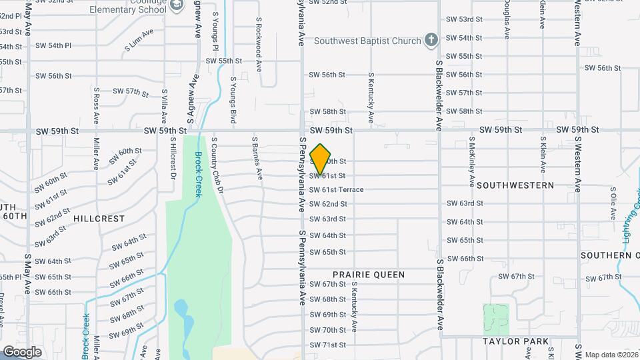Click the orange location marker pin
[x=320, y=159]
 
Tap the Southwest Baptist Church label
[x=368, y=41]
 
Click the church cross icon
[x=431, y=41]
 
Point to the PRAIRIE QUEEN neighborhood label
[x=369, y=275]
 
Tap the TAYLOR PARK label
[x=516, y=341]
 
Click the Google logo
[x=22, y=351]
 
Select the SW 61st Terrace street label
[x=337, y=190]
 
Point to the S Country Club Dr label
[x=215, y=166]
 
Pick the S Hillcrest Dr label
[x=173, y=159]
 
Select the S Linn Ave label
[x=139, y=37]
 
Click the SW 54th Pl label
[x=53, y=46]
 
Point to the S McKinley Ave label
[x=472, y=161]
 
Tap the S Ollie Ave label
[x=612, y=203]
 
